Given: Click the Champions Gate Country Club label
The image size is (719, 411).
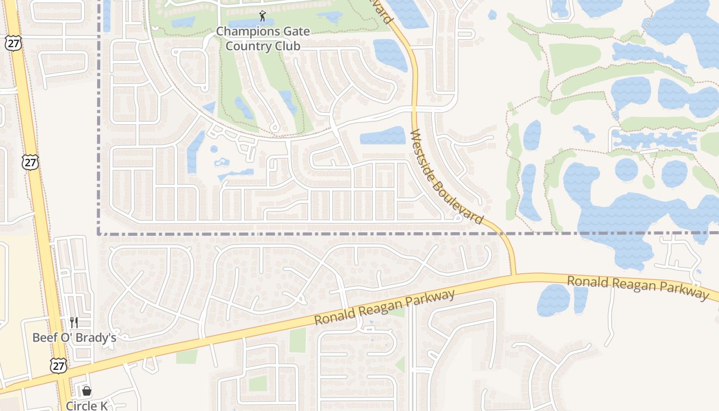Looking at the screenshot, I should [263, 39].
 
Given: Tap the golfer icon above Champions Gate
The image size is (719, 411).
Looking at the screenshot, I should [263, 16].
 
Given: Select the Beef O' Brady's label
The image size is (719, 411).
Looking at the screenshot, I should [74, 338].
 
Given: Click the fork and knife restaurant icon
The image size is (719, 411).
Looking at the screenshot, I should [74, 322].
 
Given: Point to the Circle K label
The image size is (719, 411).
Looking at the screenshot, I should [87, 405].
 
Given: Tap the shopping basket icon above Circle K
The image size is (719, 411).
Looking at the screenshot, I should [87, 391].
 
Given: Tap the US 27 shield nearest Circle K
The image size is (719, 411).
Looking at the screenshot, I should [59, 365].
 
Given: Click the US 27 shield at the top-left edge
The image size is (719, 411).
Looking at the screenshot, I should [14, 43].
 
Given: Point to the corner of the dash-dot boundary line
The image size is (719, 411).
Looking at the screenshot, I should [99, 234].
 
